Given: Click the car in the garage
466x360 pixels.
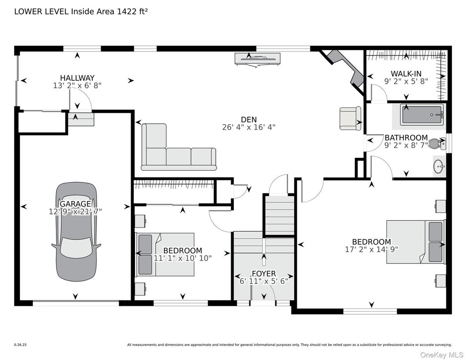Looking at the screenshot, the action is [x=76, y=232].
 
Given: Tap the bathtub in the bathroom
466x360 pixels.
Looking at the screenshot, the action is [x=422, y=115].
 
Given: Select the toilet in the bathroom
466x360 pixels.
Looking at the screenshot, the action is [x=437, y=143].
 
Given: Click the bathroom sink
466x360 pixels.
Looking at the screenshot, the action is [x=439, y=167].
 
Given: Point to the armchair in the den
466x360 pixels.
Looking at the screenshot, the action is [x=350, y=118].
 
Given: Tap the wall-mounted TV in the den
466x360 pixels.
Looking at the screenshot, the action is [x=258, y=58].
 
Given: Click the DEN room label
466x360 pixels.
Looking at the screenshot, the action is [x=249, y=120].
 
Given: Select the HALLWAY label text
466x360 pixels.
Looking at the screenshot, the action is [x=77, y=78].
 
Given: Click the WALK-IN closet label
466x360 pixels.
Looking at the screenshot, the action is [x=406, y=73].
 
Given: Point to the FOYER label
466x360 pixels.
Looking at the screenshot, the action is [x=264, y=274].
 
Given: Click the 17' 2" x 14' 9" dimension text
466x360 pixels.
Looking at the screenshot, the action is [x=371, y=249].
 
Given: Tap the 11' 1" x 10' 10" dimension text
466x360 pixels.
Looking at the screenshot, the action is [x=182, y=258].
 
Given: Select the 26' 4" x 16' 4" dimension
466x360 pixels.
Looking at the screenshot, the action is [x=249, y=127].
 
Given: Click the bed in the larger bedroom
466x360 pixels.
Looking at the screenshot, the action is [x=416, y=242].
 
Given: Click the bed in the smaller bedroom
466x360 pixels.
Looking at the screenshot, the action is [x=165, y=254].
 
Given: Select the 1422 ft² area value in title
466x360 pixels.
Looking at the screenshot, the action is [x=132, y=11].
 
